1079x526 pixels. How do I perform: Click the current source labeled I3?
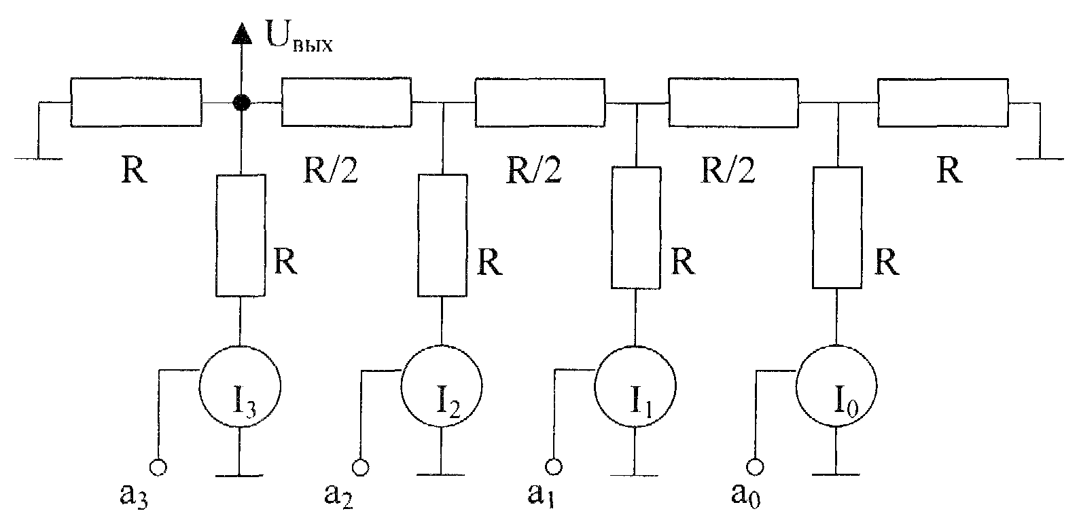click(x=240, y=386)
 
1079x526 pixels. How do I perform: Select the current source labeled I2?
click(x=441, y=386)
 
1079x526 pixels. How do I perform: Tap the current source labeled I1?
click(x=635, y=386)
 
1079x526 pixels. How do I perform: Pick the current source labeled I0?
click(x=836, y=386)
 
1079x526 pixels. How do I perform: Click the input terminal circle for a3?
click(x=158, y=467)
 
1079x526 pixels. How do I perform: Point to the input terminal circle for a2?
click(x=360, y=467)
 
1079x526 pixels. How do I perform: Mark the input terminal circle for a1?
click(x=554, y=466)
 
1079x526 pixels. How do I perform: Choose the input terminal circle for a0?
click(x=755, y=466)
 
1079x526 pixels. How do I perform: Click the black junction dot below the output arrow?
click(x=241, y=102)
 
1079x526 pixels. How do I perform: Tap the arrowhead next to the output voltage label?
click(x=241, y=34)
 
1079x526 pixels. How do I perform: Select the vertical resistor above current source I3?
click(x=241, y=236)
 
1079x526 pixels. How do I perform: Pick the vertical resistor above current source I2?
click(x=442, y=236)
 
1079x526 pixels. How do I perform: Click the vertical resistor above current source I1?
click(x=636, y=228)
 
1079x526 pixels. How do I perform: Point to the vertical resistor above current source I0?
click(x=837, y=227)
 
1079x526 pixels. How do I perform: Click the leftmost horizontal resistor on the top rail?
click(x=136, y=102)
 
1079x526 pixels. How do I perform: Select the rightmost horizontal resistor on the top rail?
click(x=942, y=102)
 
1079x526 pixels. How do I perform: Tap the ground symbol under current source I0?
click(x=836, y=474)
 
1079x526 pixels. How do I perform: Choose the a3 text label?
click(x=134, y=495)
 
